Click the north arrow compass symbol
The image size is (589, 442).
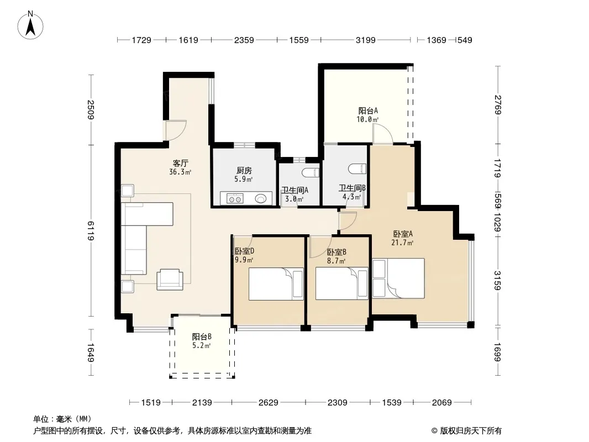point(30,25)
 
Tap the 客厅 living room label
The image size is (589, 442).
point(180,164)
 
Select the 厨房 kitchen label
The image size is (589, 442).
point(244,171)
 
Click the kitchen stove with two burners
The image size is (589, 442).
point(235,198)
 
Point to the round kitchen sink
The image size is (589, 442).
point(261,198)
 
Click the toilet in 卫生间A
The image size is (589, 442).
point(311,173)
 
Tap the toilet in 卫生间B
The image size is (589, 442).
point(357,169)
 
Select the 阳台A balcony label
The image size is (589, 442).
point(368,111)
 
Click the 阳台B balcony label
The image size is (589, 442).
point(202,337)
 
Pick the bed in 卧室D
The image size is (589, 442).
point(276,283)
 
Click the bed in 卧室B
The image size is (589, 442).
point(341,283)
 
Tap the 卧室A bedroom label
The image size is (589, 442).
point(403,234)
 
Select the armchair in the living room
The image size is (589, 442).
point(170,280)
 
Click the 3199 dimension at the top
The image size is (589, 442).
point(365,40)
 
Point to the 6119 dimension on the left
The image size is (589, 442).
point(91,230)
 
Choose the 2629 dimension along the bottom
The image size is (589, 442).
point(268,403)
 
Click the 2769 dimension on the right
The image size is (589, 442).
point(497,105)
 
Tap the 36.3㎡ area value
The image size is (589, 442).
point(180,172)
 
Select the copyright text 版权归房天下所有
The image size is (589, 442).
point(471,431)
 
